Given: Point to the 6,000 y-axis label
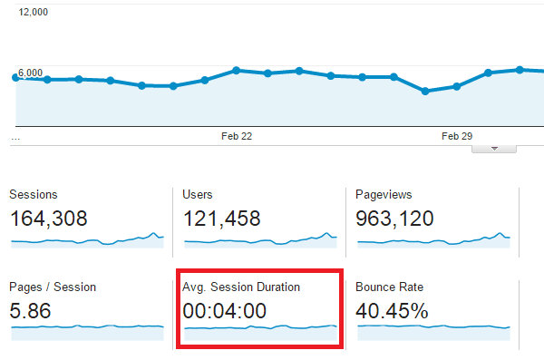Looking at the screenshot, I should [x=32, y=73].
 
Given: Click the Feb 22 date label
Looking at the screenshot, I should [x=237, y=136].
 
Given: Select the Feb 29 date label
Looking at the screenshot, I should [x=457, y=136].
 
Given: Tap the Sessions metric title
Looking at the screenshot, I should [x=34, y=195].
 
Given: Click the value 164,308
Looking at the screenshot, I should [x=59, y=219].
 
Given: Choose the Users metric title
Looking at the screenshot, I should [x=199, y=195].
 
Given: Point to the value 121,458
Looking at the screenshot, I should [x=222, y=219].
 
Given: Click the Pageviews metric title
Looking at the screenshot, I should [x=384, y=195].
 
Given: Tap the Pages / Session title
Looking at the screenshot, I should [x=53, y=287].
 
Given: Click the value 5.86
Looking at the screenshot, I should [x=32, y=311].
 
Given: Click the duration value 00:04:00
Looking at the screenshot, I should [x=225, y=311].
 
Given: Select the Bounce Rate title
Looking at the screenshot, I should [x=390, y=287].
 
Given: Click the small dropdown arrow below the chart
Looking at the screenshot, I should [x=494, y=148].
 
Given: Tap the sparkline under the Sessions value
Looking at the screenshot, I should [x=87, y=240].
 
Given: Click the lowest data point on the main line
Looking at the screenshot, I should [x=425, y=91].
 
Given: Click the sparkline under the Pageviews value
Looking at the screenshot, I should [x=433, y=240].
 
